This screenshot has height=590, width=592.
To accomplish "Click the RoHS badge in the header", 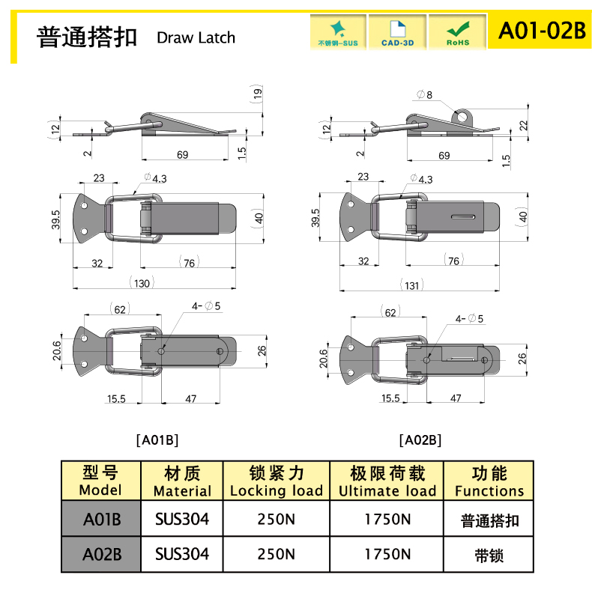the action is pos(458,31).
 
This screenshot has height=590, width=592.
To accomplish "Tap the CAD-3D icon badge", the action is pos(397,31).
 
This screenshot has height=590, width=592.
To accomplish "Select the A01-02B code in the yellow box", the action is pos(542,30).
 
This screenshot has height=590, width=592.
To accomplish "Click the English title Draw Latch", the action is pos(196,37).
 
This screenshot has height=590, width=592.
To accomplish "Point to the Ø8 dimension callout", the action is pos(424,94).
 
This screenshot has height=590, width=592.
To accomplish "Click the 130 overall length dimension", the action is pos(142,283).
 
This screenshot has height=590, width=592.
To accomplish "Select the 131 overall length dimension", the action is pos(411,285).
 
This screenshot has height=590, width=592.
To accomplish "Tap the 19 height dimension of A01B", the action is pos(257,93).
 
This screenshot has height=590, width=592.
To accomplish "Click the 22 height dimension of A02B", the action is pos(523,125).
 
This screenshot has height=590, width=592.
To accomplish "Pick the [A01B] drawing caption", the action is pos(157,440).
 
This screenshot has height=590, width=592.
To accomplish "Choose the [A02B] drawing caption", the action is pos(420,440).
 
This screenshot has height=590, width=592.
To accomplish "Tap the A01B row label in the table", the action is pos(102,519).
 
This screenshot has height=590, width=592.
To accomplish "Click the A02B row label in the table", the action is pos(102,554).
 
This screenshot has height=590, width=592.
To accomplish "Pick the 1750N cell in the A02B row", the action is pos(387,554).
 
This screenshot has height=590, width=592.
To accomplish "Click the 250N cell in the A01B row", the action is pos(277,519).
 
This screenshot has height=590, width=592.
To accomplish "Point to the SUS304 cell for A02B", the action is pos(182,554).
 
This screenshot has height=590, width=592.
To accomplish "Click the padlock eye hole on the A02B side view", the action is pos(461,117).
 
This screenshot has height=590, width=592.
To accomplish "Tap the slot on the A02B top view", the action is pos(463,216).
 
